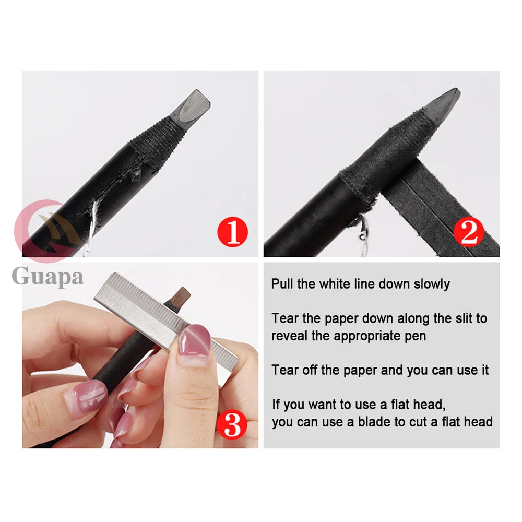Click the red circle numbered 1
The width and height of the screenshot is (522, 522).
pos(232,232)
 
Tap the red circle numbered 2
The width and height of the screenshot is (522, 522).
pos(469,232)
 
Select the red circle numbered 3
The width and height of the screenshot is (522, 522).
pos(232,424)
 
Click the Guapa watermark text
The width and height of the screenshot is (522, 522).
pos(48,276)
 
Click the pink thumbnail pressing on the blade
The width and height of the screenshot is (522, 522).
pos(195,345)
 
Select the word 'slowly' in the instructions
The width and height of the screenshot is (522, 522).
pos(432,284)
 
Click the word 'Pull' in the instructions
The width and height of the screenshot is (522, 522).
pos(282,284)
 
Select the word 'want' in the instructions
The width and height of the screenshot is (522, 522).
pos(323,405)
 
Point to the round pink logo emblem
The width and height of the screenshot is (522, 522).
pos(46,231)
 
